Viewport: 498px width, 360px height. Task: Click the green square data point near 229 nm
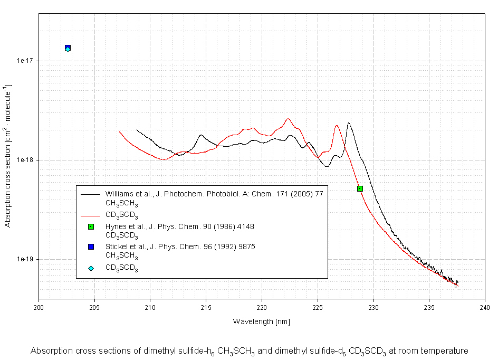pyautogui.click(x=360, y=188)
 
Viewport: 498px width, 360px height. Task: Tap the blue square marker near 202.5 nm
pyautogui.click(x=68, y=48)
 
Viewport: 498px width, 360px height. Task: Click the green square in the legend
pyautogui.click(x=91, y=226)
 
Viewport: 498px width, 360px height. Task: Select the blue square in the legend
pyautogui.click(x=91, y=247)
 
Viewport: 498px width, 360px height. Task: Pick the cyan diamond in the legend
pyautogui.click(x=91, y=268)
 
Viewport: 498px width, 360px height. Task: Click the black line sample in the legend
pyautogui.click(x=91, y=194)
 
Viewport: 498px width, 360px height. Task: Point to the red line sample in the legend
pyautogui.click(x=91, y=215)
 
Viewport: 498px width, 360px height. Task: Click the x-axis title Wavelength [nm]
pyautogui.click(x=262, y=321)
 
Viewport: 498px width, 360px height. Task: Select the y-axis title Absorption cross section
pyautogui.click(x=8, y=156)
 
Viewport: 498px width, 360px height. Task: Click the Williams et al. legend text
pyautogui.click(x=214, y=194)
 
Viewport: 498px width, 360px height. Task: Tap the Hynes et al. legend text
pyautogui.click(x=179, y=226)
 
